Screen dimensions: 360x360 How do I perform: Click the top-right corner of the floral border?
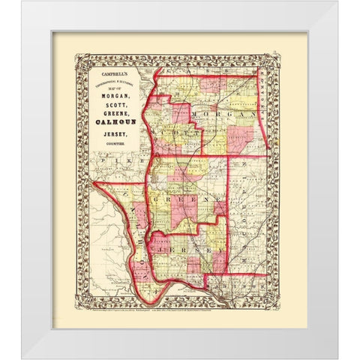278,54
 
